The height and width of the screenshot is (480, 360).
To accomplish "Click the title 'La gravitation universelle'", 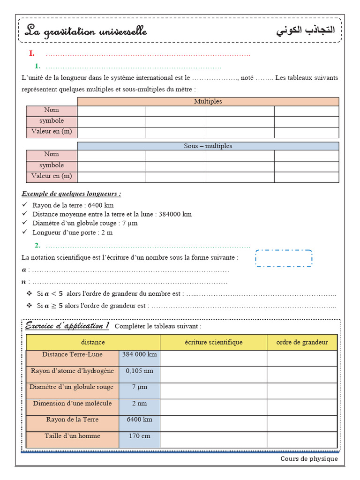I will (x=86, y=32).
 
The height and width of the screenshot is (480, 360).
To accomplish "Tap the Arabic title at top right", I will (x=306, y=31).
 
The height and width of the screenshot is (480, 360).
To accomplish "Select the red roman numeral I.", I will (x=31, y=53).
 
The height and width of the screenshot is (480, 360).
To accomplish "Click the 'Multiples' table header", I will (x=208, y=101).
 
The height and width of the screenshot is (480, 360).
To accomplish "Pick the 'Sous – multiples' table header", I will (x=208, y=146).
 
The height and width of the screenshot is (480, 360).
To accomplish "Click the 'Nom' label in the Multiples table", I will (x=52, y=110).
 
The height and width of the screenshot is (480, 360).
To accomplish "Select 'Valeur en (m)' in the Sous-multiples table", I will (x=52, y=176).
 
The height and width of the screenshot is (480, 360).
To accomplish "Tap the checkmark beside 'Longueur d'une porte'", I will (x=25, y=232).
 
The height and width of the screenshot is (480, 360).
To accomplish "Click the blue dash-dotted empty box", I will (x=284, y=258).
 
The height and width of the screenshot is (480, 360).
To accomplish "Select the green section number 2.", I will (x=37, y=245).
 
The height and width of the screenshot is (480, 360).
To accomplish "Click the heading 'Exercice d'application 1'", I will (x=67, y=326).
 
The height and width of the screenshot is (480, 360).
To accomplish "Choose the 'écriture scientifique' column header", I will (x=214, y=342).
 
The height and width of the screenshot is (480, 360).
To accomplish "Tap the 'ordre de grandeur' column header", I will (x=302, y=342).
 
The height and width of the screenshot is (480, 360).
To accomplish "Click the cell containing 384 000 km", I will (x=139, y=355).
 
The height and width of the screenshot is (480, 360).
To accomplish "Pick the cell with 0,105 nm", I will (x=139, y=371).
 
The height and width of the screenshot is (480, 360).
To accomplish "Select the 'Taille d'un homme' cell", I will (x=72, y=436).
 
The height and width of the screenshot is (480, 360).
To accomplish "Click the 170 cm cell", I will (x=139, y=436).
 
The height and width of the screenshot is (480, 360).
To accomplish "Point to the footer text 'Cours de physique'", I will (x=309, y=459).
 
